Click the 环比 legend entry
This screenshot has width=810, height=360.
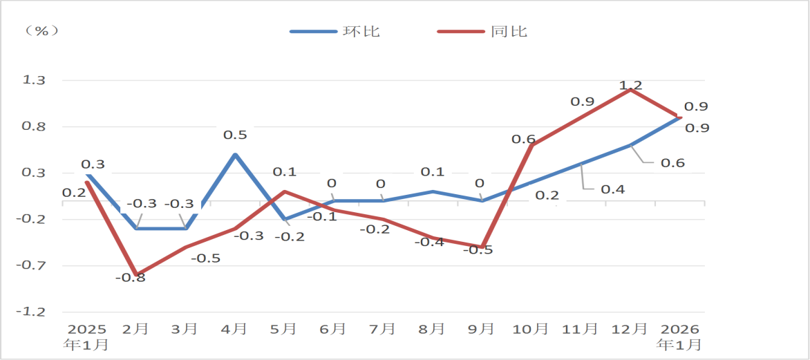(x=335, y=31)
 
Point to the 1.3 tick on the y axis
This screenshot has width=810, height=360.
(x=34, y=80)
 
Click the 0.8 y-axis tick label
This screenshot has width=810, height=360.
(x=34, y=126)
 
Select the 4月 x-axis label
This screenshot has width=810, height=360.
(x=235, y=329)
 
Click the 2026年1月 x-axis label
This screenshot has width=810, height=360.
(x=680, y=336)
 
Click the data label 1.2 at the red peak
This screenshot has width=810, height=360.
(x=630, y=86)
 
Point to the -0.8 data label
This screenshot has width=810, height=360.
(x=130, y=278)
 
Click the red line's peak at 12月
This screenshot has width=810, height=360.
(x=630, y=90)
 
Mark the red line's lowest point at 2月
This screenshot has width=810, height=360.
(x=138, y=275)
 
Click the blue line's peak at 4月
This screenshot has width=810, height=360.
(x=236, y=155)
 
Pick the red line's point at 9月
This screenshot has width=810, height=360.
(x=482, y=247)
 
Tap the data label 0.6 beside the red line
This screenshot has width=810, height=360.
(x=523, y=139)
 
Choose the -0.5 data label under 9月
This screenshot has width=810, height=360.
(x=478, y=250)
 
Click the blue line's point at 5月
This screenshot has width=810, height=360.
(x=285, y=220)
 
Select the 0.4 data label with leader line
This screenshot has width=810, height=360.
(x=612, y=189)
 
